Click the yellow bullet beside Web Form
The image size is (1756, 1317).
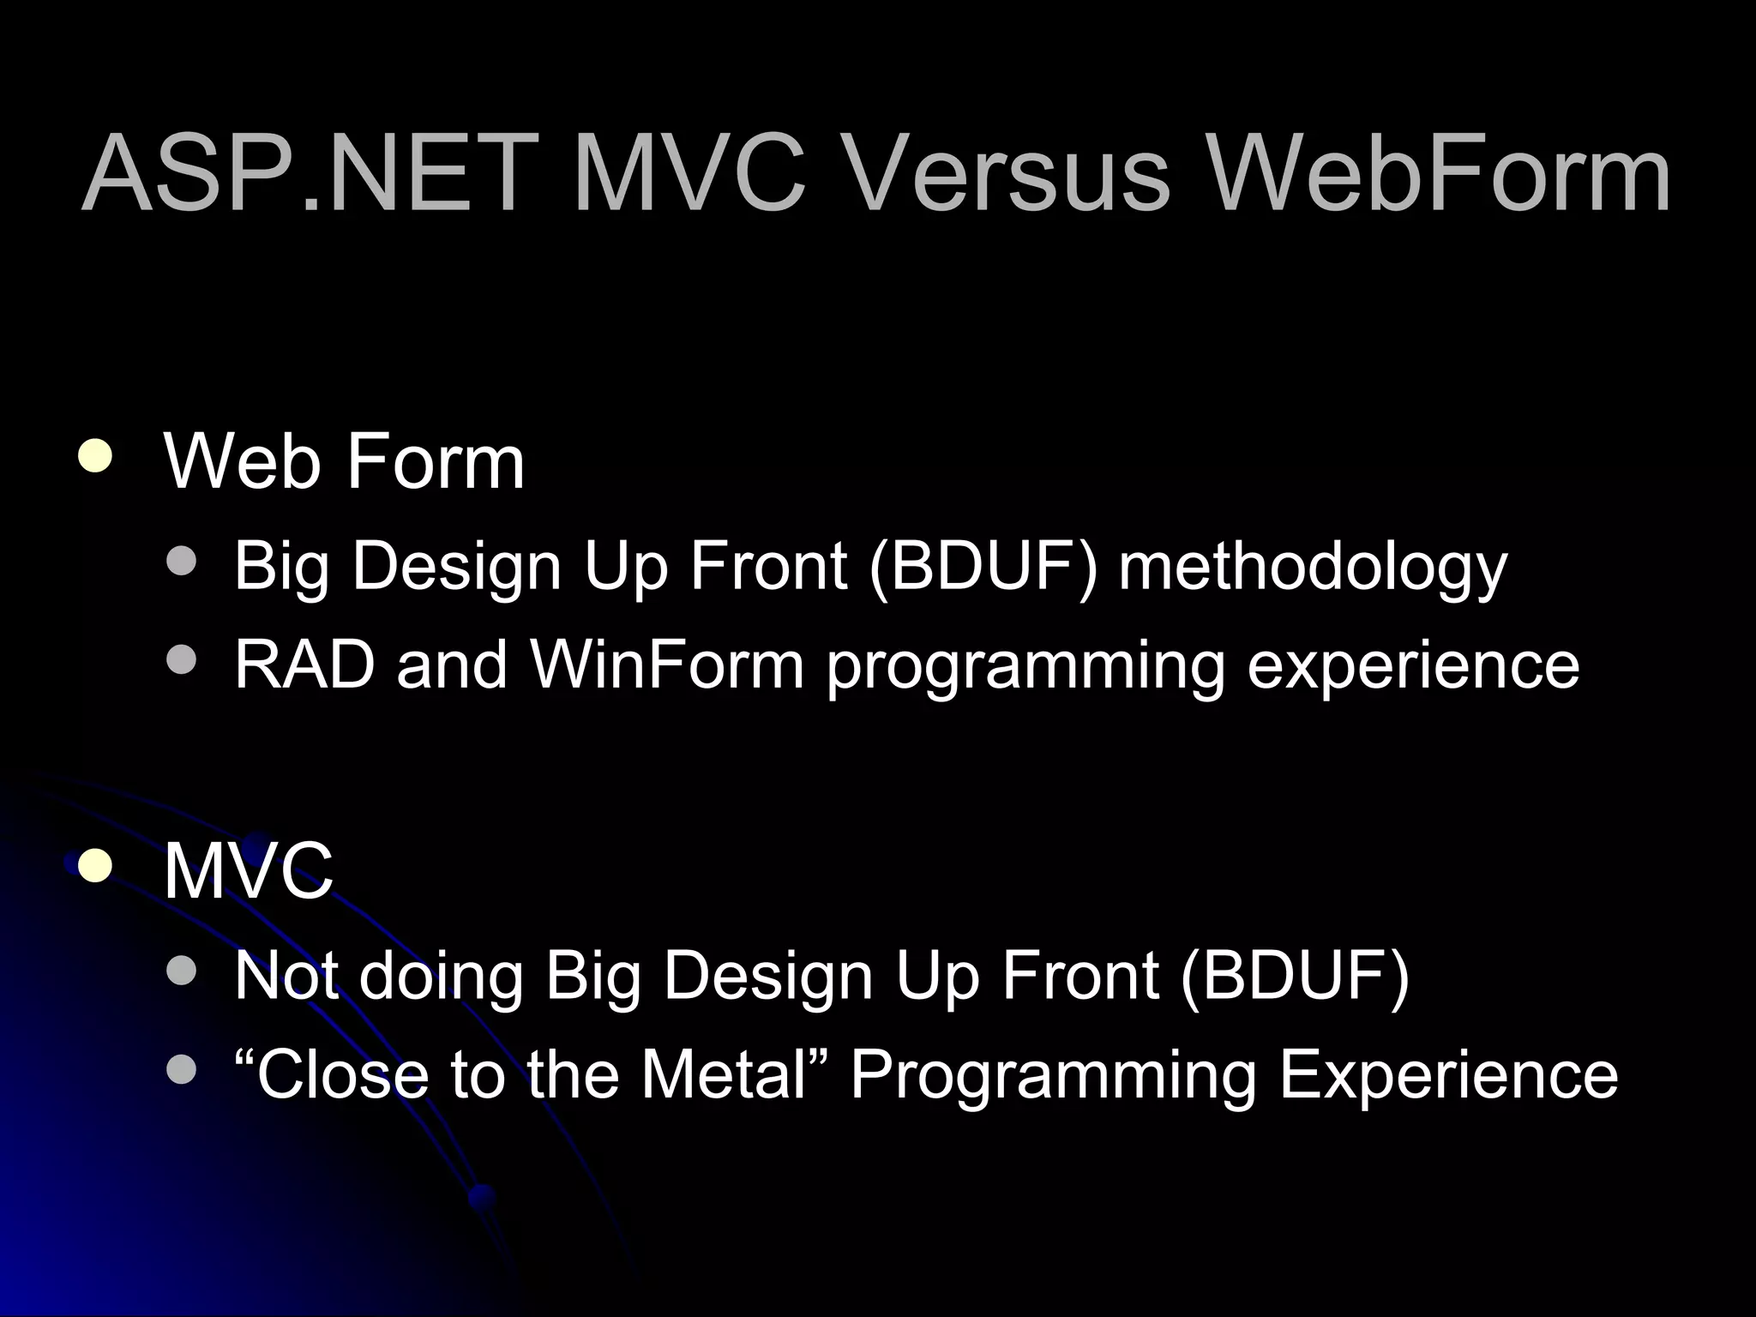pos(93,456)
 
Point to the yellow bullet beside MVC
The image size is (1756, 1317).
pos(93,866)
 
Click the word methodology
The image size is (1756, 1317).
pos(1312,568)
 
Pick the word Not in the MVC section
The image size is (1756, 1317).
pos(286,976)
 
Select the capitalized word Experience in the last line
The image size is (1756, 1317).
pos(1448,1075)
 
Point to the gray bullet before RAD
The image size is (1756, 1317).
pos(181,660)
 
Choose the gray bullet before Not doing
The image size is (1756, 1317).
pos(181,971)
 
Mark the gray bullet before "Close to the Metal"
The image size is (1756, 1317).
pos(181,1069)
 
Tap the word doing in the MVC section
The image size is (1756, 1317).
pos(441,976)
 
